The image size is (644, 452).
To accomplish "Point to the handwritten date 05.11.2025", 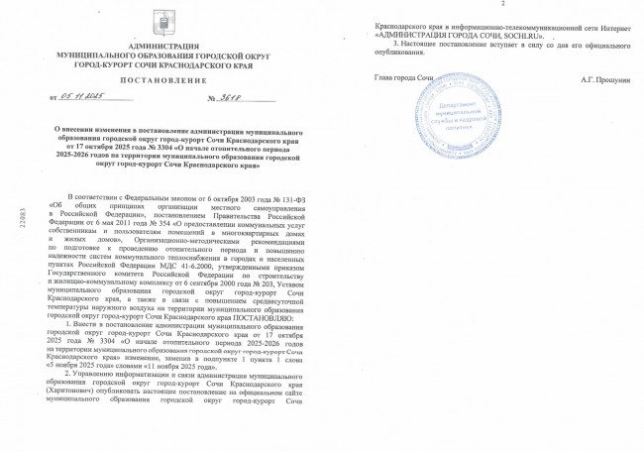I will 82,99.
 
